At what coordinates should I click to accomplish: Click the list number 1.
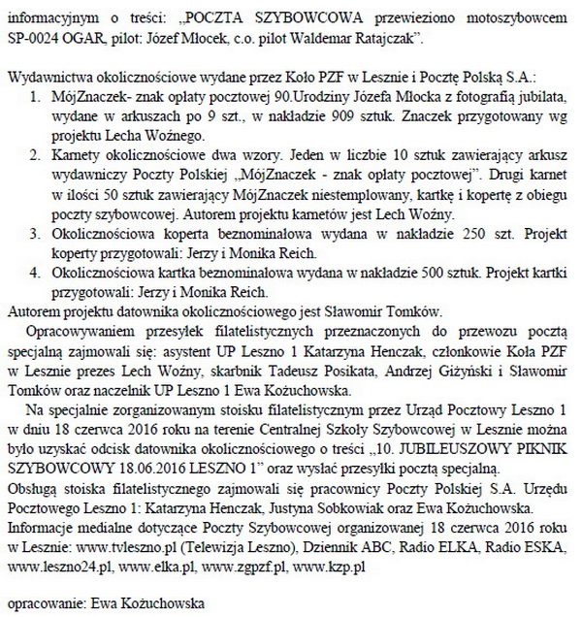pos(35,98)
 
